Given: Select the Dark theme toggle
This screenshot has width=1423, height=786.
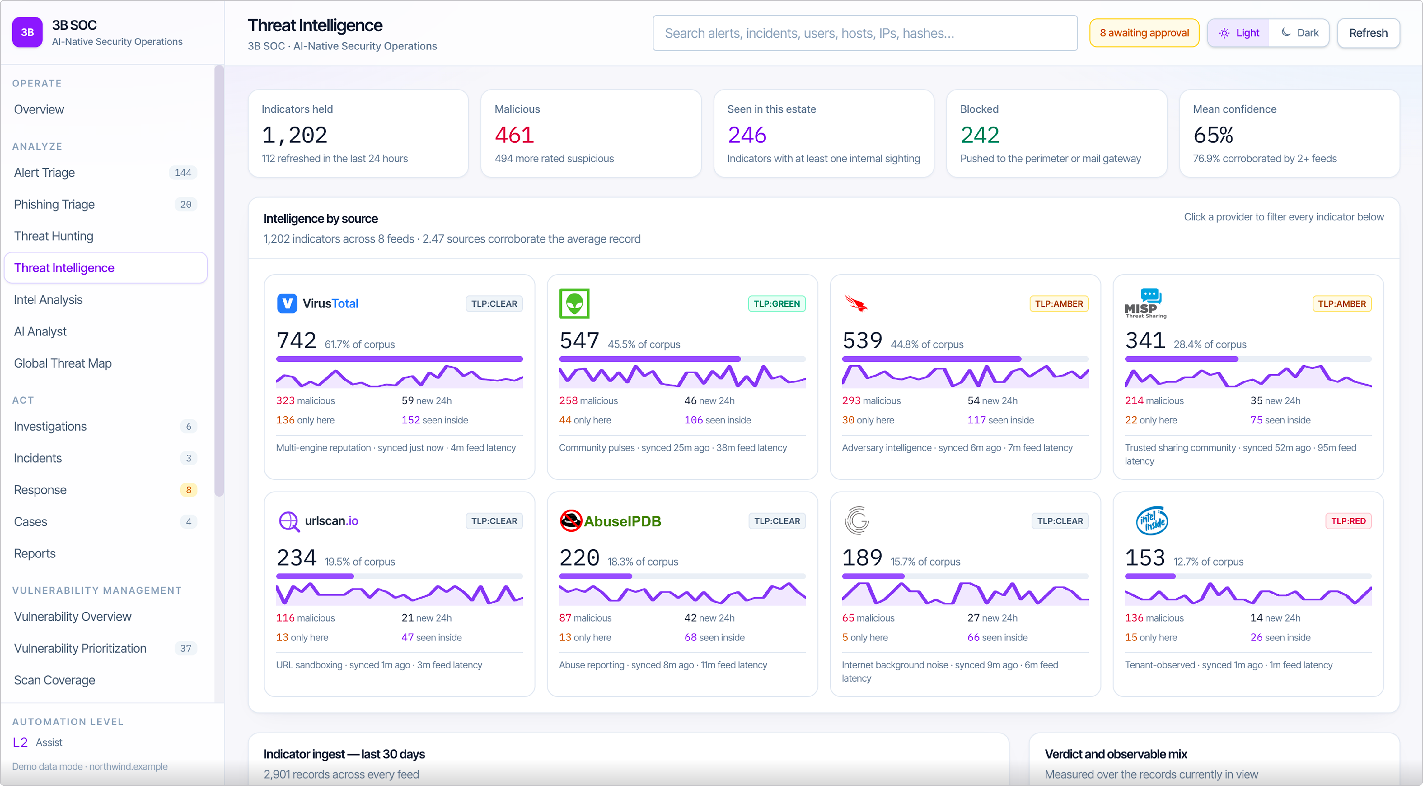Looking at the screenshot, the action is pos(1300,33).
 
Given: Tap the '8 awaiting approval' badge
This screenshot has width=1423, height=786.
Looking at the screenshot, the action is pos(1144,33).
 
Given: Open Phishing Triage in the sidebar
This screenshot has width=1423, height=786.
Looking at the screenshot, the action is pos(54,204).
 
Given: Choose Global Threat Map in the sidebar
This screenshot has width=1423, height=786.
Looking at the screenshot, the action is pos(63,363).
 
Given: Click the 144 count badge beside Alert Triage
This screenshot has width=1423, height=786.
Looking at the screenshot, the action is pos(183,173).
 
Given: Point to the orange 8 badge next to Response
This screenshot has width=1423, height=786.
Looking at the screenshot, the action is pos(188,490).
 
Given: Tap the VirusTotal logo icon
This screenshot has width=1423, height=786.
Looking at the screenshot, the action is pos(287,303).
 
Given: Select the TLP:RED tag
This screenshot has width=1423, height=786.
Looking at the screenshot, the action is pos(1348,521).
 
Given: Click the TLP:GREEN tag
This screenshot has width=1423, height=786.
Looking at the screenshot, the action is pos(777,303).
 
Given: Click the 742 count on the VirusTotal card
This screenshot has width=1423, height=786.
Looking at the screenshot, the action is pos(297,340).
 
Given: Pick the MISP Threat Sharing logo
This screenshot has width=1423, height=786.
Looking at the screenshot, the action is pos(1145,303).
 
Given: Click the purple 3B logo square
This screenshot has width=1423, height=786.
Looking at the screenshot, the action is pos(27,32).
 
